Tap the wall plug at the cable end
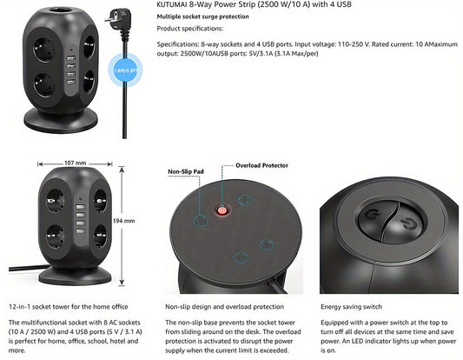[119, 21]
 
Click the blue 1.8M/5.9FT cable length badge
[125, 70]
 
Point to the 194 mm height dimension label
[123, 221]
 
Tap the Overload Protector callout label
[261, 165]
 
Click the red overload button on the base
[222, 210]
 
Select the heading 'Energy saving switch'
[351, 307]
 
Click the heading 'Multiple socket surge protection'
[202, 17]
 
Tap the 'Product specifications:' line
[190, 29]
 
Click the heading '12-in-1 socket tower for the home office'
[69, 307]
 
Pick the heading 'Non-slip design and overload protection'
[224, 307]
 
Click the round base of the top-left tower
[61, 121]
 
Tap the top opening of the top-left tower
[60, 10]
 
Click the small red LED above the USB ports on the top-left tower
[71, 50]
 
